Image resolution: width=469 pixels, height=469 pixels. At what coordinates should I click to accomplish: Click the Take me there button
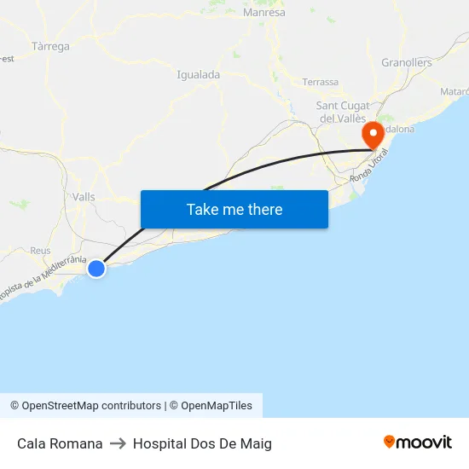(234, 209)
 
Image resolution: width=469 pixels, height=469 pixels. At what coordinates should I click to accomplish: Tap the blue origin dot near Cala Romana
(96, 269)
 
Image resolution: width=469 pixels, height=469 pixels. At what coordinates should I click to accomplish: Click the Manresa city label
(264, 13)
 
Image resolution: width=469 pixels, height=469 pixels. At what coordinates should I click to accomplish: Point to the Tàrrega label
(50, 46)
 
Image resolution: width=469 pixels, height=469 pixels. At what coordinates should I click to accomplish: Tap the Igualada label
(198, 74)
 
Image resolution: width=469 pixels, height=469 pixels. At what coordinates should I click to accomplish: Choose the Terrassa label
(321, 82)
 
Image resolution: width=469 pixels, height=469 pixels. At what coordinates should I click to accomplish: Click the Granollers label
(407, 62)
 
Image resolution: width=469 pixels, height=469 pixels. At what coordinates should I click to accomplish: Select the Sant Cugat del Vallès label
(341, 112)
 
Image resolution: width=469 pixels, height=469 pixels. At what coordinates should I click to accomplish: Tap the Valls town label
(84, 196)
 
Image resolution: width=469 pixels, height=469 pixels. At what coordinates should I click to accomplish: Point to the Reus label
(40, 251)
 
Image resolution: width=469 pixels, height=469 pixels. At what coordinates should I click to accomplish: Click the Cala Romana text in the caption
(60, 443)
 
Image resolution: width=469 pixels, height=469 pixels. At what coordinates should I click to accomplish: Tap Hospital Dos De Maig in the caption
(202, 443)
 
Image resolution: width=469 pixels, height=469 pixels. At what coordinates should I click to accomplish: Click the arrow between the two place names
(118, 443)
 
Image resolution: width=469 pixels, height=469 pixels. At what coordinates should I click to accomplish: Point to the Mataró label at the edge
(454, 91)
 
